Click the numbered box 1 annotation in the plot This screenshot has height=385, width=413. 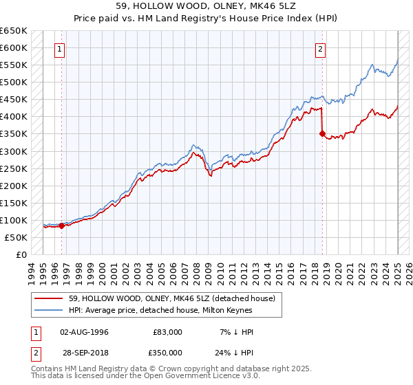click(x=61, y=49)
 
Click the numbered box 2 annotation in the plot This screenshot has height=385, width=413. click(x=321, y=49)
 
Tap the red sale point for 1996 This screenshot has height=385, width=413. click(x=61, y=225)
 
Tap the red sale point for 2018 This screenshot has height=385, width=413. click(x=321, y=134)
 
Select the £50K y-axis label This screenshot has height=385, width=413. click(x=17, y=237)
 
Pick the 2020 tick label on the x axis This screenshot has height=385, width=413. click(x=339, y=272)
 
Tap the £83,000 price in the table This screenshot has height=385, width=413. click(x=169, y=332)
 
